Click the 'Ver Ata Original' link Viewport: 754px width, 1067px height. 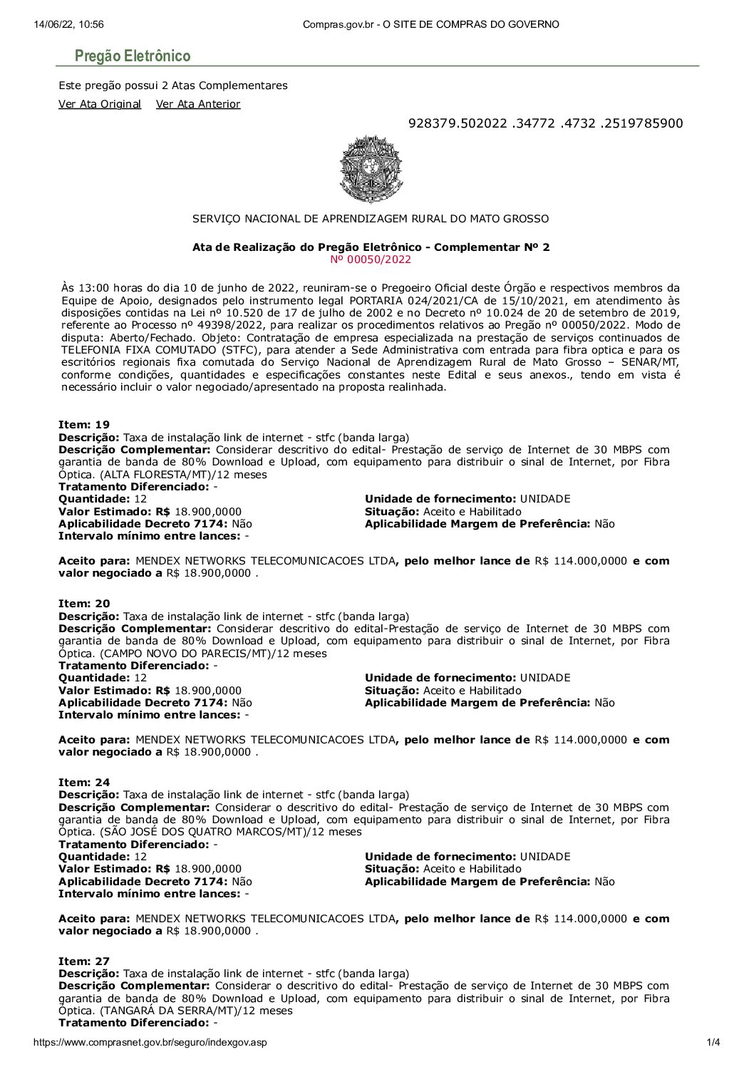click(x=100, y=104)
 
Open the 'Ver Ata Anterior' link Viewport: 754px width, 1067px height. click(x=198, y=104)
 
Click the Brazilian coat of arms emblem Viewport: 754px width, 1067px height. click(x=371, y=170)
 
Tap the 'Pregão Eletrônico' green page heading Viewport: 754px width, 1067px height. click(x=133, y=56)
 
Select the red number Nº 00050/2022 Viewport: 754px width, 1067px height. click(x=371, y=259)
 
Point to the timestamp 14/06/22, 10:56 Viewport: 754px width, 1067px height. click(x=68, y=24)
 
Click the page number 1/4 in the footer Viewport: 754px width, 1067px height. click(x=713, y=1043)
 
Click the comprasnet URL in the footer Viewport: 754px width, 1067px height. click(x=150, y=1043)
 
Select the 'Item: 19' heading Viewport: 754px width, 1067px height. click(x=84, y=425)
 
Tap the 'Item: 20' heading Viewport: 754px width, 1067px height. click(x=84, y=604)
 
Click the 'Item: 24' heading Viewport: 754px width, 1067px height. click(x=84, y=783)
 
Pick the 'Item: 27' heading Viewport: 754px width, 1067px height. click(x=84, y=962)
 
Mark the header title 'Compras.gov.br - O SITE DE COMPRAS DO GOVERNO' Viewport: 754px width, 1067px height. click(x=430, y=24)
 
